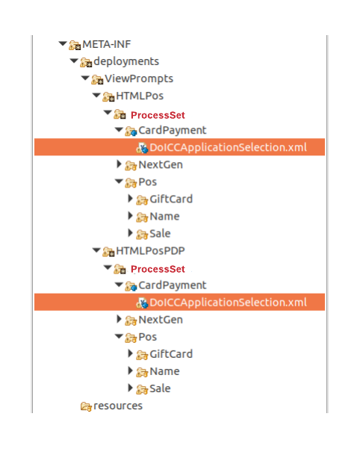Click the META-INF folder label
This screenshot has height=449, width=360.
[107, 44]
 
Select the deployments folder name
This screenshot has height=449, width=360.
[126, 61]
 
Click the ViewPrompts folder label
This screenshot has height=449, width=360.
[139, 78]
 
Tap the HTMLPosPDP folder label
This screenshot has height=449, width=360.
[150, 251]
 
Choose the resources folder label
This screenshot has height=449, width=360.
[118, 406]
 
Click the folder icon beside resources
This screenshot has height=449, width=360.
[86, 406]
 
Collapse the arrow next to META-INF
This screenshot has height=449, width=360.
[63, 44]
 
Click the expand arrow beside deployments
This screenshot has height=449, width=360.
[74, 61]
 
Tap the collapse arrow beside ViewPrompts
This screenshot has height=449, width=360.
[85, 78]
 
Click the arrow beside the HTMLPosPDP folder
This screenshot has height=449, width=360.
[96, 250]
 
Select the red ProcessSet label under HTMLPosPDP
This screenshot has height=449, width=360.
[158, 269]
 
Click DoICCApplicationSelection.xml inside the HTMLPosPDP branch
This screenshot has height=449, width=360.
[228, 303]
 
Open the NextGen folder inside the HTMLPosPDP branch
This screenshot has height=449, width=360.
[161, 320]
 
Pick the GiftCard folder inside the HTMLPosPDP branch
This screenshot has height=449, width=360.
[171, 354]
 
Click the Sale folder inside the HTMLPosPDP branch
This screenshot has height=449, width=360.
[160, 388]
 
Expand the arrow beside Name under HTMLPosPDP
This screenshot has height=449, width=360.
[130, 371]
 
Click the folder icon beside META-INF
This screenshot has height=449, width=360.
[75, 46]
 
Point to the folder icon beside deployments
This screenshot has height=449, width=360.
[86, 62]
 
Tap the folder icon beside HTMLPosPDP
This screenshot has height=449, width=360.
[108, 252]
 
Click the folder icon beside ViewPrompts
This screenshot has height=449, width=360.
[97, 79]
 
